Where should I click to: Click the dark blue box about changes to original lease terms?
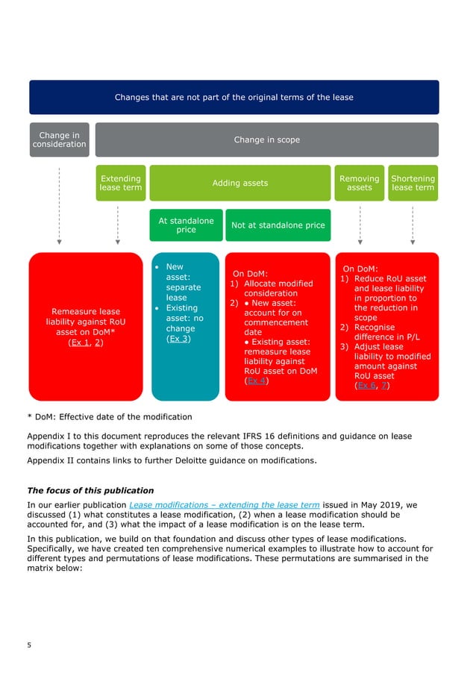tap(234, 97)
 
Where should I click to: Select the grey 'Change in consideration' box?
tap(59, 140)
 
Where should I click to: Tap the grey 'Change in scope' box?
tap(266, 140)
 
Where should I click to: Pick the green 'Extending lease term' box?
tap(120, 183)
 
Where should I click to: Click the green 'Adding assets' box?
tap(239, 183)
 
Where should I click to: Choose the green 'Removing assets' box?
tap(359, 183)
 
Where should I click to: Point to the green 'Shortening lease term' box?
tap(413, 183)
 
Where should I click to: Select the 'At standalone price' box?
tap(186, 225)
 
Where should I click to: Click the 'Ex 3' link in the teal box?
tap(178, 339)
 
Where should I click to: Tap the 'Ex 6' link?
tap(366, 386)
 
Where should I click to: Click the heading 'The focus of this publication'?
tap(90, 490)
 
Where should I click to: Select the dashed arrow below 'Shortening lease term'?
tap(413, 224)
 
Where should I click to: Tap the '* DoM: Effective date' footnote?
tap(109, 416)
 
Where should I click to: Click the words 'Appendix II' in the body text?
tap(50, 460)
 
